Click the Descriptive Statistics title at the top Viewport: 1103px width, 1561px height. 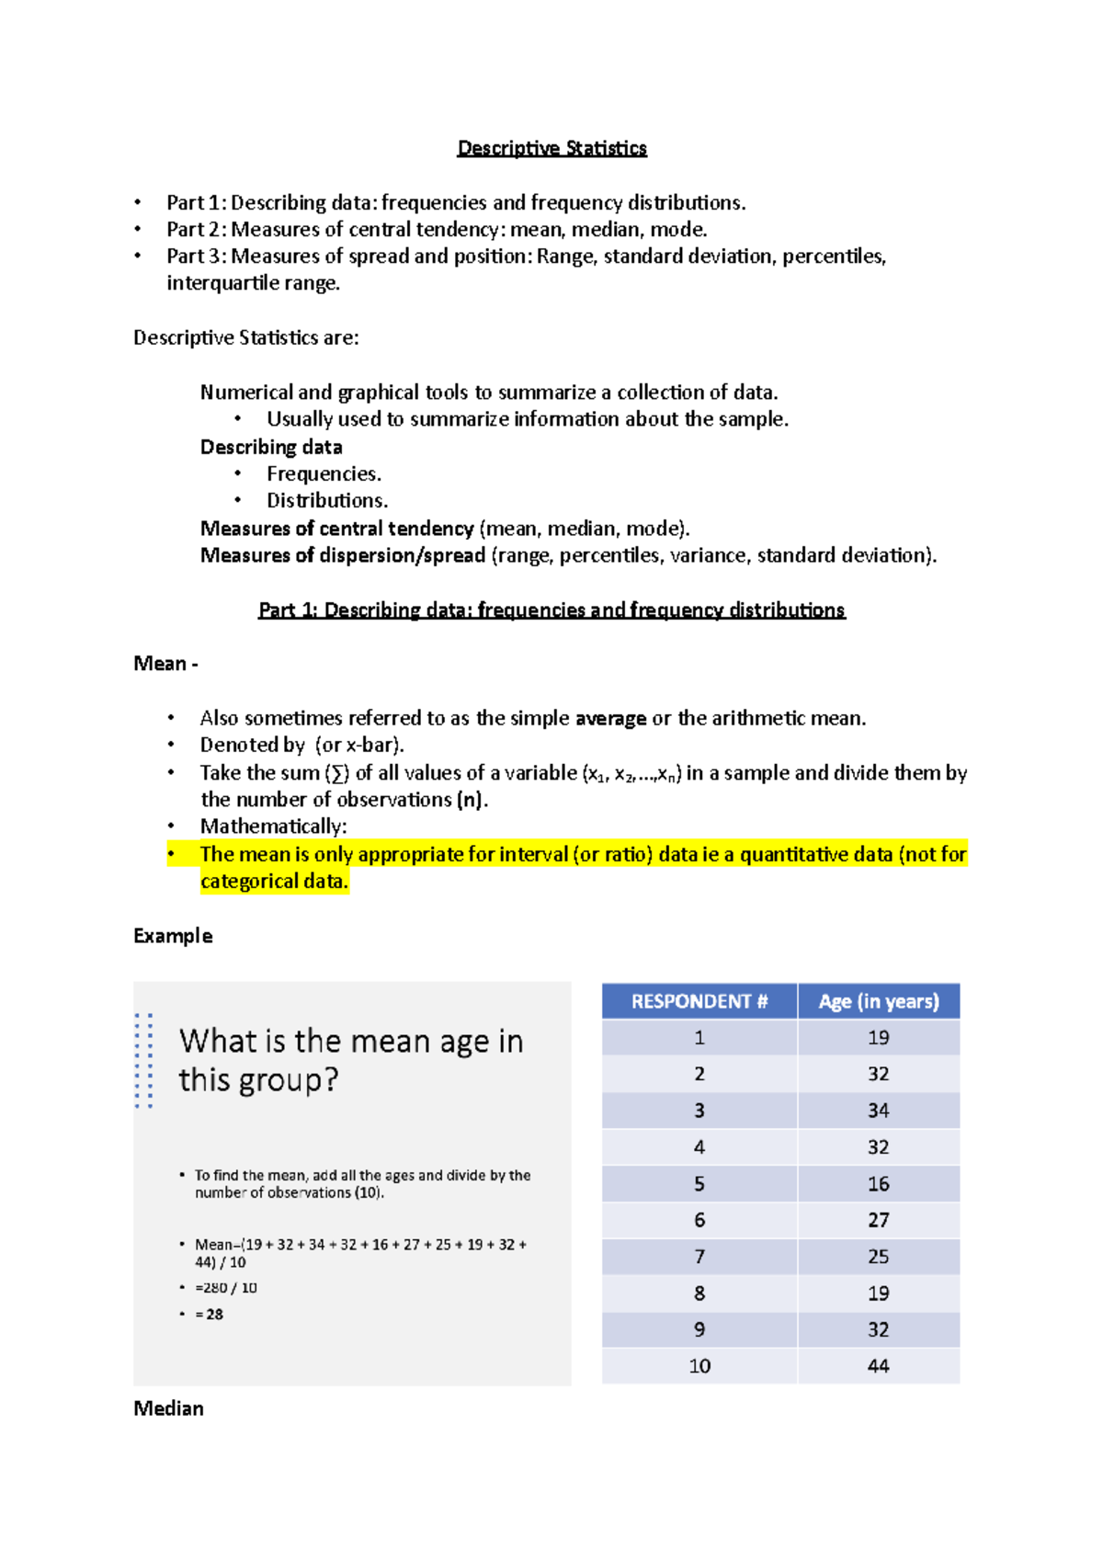[551, 148]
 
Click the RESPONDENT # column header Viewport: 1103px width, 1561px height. [699, 1001]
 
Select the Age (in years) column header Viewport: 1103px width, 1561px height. [879, 1001]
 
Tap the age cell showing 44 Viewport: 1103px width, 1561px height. [878, 1366]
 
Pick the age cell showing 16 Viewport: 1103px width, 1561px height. [878, 1184]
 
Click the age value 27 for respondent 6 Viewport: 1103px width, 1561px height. [878, 1220]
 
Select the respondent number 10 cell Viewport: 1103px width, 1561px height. [699, 1366]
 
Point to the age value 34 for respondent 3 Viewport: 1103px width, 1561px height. [878, 1111]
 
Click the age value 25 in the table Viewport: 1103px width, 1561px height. [878, 1257]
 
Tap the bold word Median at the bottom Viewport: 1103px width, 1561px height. [168, 1408]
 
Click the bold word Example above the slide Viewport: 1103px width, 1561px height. [173, 936]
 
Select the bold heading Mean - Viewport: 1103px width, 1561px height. [165, 664]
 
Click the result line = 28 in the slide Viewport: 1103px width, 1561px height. [209, 1315]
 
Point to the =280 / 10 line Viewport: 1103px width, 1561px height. [226, 1288]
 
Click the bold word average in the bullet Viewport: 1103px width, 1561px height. [610, 719]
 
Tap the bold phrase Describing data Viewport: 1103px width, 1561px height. [271, 448]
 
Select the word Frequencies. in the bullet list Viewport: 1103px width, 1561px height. [324, 474]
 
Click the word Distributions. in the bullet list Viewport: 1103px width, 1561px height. [327, 501]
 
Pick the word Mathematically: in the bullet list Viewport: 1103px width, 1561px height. [273, 826]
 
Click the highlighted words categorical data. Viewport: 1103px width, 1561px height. [274, 882]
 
